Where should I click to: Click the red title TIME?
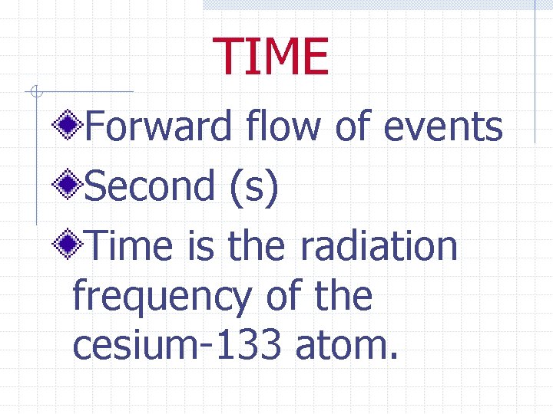coord(272,58)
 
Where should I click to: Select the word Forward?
coord(157,127)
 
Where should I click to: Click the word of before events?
coord(352,127)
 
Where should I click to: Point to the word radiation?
coord(379,246)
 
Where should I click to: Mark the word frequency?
coord(161,298)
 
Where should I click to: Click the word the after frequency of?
coord(343,297)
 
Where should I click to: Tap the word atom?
coord(346,347)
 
